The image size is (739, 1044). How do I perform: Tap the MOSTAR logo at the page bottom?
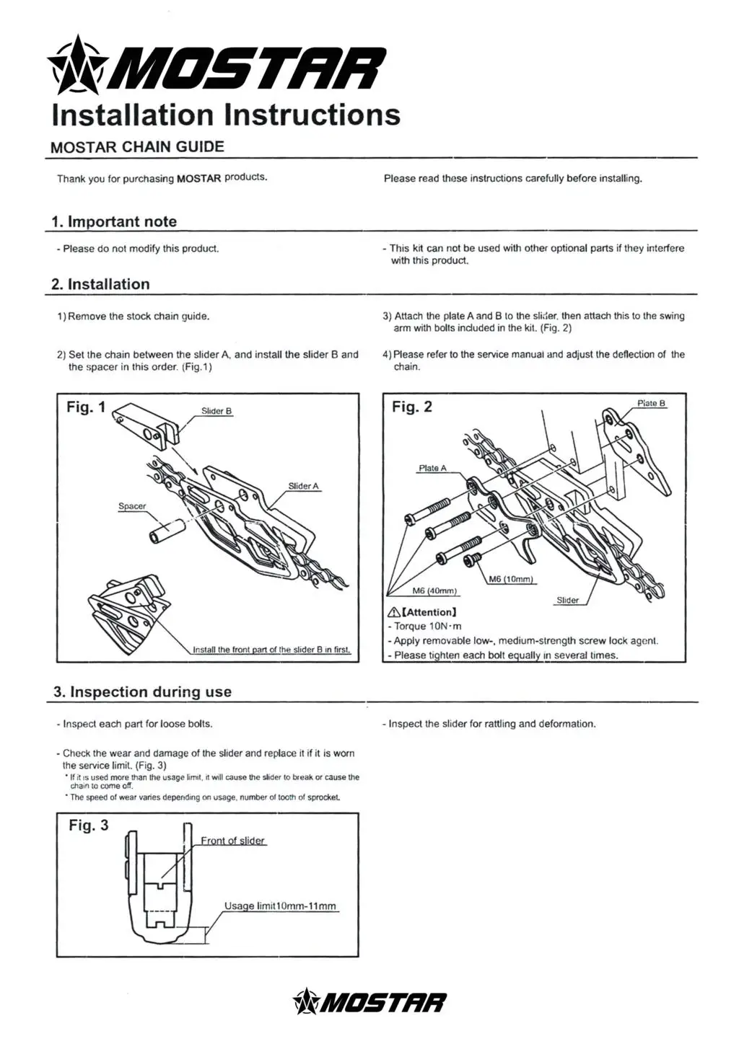tap(369, 1002)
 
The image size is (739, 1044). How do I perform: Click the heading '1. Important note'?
tap(115, 221)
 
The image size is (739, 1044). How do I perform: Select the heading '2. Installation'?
tap(101, 284)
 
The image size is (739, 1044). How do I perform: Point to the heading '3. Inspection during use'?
tap(143, 692)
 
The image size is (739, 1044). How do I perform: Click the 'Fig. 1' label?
tap(86, 407)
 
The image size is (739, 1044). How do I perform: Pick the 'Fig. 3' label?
tap(89, 826)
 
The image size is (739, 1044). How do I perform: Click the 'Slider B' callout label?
tap(217, 412)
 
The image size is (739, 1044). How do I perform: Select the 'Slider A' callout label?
tap(303, 487)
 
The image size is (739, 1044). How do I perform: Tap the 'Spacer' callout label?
tap(132, 507)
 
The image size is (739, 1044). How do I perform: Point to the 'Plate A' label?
tap(432, 469)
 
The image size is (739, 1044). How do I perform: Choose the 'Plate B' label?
tap(651, 404)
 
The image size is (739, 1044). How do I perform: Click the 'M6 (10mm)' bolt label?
tap(510, 580)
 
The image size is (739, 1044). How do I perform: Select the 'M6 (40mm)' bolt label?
tap(434, 591)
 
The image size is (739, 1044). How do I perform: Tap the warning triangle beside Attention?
tap(393, 613)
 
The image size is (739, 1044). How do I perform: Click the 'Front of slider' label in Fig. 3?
tap(232, 841)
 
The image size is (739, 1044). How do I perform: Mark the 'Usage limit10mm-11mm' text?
tap(280, 906)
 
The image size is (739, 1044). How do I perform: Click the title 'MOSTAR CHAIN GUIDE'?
tap(137, 147)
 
